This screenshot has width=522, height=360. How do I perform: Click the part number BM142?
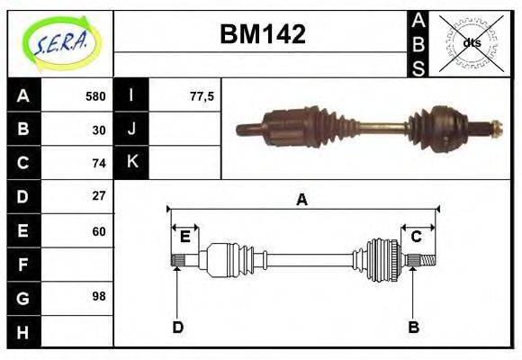coord(263,35)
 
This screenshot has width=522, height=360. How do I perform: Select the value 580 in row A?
coord(95,96)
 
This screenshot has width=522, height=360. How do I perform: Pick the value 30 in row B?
coord(99,130)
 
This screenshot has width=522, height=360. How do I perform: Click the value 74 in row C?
coord(99,163)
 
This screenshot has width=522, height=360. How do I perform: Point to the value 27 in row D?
coord(99,195)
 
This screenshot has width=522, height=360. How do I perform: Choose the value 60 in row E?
coord(99,231)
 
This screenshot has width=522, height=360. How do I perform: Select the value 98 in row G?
coord(99,296)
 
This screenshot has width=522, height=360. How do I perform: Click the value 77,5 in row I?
coord(202,96)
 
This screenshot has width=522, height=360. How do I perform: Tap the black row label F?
coord(22,265)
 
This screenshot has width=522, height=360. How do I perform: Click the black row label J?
coord(132,129)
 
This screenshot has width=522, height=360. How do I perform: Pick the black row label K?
coord(132,162)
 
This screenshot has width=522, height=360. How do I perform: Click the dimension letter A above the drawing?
coord(302,200)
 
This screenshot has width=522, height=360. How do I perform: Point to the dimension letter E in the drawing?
coord(184,237)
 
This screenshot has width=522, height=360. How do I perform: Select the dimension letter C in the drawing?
coord(417,237)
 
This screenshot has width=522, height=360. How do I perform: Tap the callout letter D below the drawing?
coord(177,327)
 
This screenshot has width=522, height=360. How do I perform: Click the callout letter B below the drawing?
coord(414,327)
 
